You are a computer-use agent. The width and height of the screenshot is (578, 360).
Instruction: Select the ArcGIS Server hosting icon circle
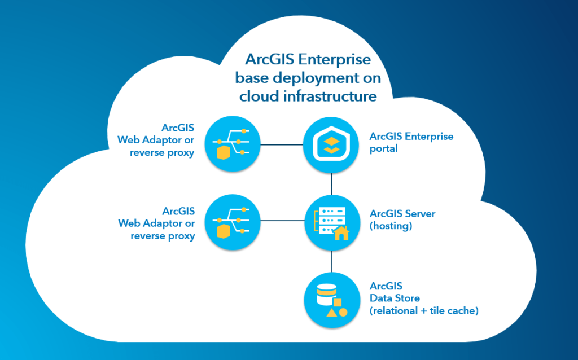click(331, 222)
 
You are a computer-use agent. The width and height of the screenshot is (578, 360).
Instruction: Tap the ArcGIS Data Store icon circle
click(331, 299)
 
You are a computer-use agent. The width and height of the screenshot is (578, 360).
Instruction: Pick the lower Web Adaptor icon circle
click(232, 222)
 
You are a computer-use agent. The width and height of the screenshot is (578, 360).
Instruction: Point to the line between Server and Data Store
click(331, 260)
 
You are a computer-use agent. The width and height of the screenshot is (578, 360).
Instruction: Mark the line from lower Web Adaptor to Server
click(282, 222)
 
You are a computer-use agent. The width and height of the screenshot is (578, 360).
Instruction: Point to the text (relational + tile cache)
click(424, 310)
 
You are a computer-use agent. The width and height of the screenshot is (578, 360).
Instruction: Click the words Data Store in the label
click(395, 298)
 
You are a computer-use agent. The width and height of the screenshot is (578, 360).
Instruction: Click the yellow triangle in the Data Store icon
click(332, 311)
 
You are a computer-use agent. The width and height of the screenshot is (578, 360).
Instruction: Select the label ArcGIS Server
click(402, 214)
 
